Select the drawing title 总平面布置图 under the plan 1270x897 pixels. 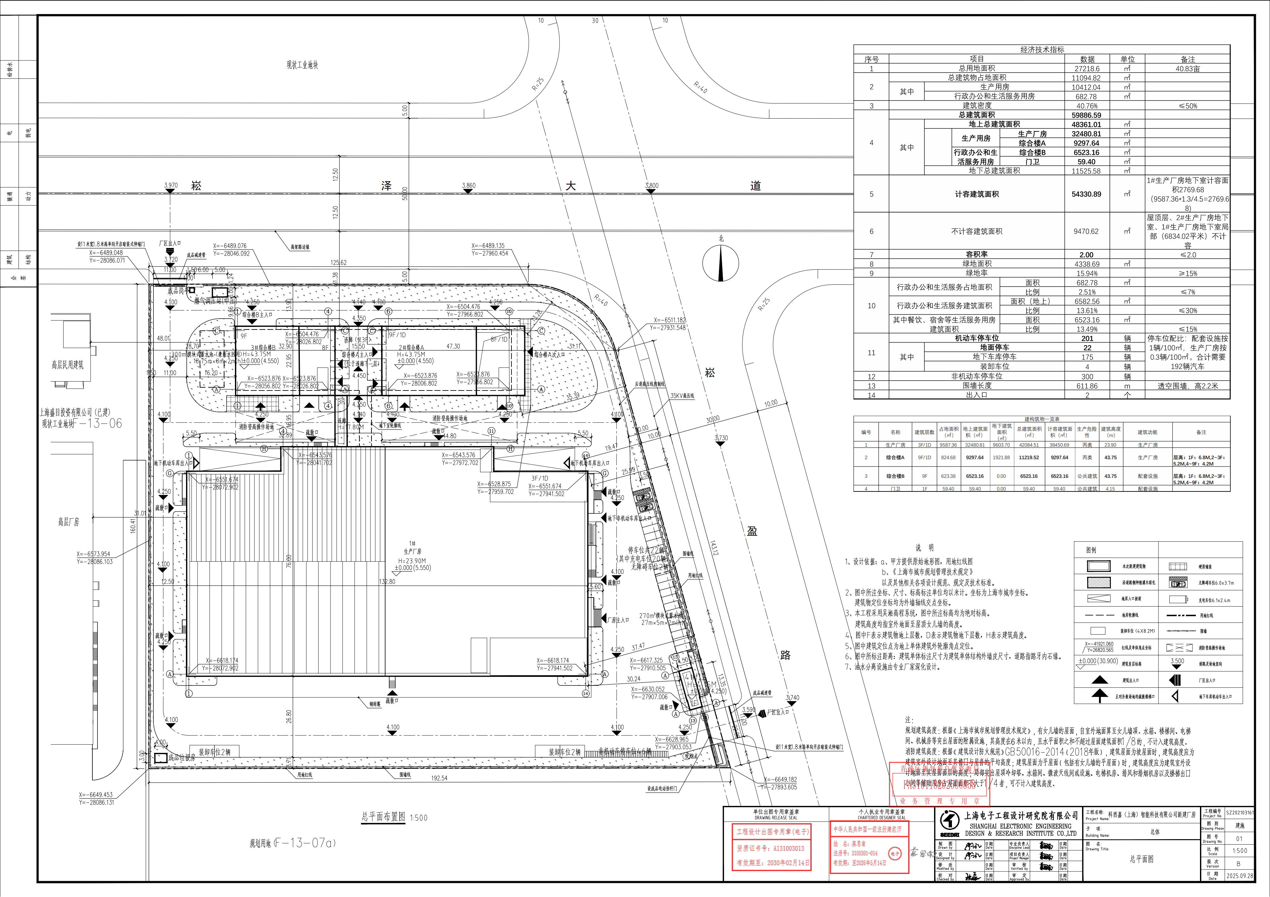383,817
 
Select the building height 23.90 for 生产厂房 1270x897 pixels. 1110,445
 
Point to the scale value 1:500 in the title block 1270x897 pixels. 1239,851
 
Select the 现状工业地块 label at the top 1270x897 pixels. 302,65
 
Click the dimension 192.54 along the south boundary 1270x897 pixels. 439,777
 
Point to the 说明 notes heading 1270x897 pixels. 924,547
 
